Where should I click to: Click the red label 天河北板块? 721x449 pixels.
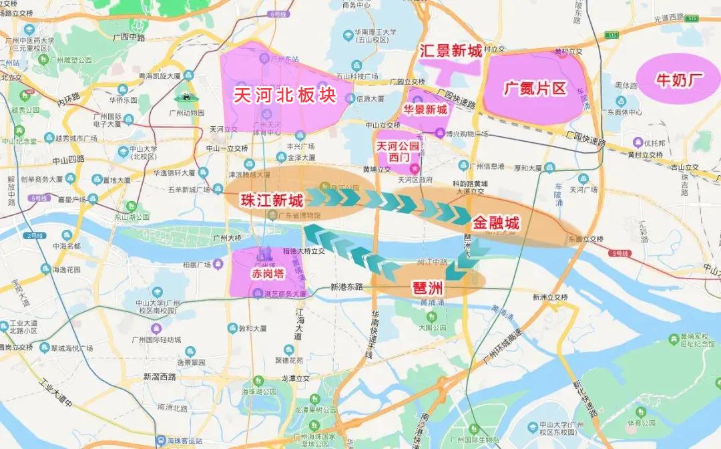[x=284, y=94]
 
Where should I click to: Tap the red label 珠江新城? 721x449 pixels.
[x=272, y=199]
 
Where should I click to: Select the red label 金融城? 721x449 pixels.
[x=495, y=223]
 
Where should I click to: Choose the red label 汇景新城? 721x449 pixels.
[x=450, y=50]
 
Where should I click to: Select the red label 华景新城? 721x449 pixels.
[x=425, y=110]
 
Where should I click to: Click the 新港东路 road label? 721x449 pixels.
[x=346, y=287]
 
